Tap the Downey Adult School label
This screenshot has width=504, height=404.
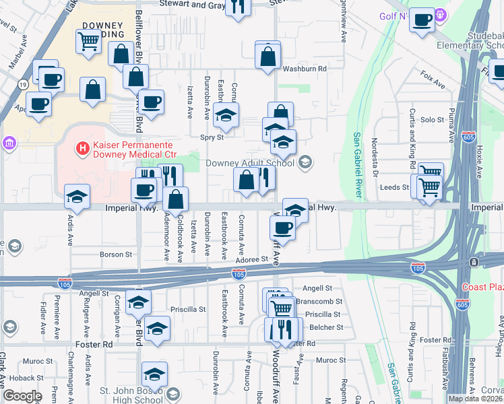click(x=249, y=162)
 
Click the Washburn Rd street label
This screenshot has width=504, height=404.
click(x=304, y=69)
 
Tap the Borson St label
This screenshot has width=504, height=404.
click(x=116, y=255)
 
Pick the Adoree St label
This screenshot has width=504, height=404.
click(x=252, y=259)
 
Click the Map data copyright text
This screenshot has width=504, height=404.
click(x=476, y=399)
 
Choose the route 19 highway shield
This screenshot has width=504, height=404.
click(x=23, y=84)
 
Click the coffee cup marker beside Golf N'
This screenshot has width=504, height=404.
click(x=422, y=22)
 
